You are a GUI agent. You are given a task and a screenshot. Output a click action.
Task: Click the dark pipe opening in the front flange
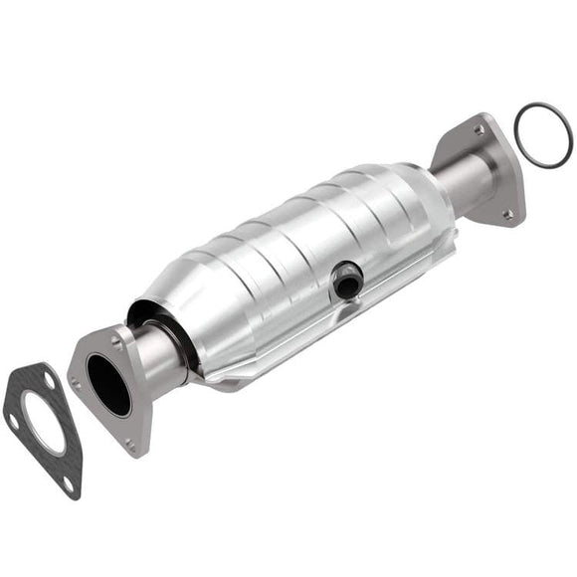107,384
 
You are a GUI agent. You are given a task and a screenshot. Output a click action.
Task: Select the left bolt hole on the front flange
77,379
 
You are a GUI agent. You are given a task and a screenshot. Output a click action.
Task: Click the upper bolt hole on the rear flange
480,129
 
